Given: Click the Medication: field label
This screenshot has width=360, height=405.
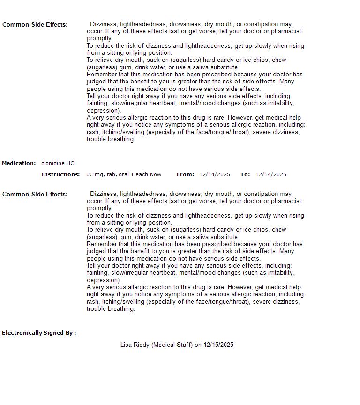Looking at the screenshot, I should pyautogui.click(x=19, y=163).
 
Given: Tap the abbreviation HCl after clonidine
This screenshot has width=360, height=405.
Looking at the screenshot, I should pyautogui.click(x=71, y=163).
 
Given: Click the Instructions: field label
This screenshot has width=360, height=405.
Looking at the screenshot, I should pyautogui.click(x=60, y=174).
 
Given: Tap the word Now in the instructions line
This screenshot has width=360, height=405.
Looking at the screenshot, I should pyautogui.click(x=156, y=174).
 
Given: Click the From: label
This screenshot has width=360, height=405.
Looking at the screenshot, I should pyautogui.click(x=185, y=174).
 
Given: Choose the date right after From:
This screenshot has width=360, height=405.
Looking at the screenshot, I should pyautogui.click(x=215, y=174).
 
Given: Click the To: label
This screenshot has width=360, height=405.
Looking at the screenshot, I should pyautogui.click(x=245, y=174).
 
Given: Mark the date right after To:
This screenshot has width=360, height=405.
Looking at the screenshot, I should pyautogui.click(x=271, y=174).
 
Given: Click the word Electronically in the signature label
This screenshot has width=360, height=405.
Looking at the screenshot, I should pyautogui.click(x=22, y=333).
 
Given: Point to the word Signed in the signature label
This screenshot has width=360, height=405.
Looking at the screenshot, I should pyautogui.click(x=54, y=333).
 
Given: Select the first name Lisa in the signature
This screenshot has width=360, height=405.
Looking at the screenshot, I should pyautogui.click(x=126, y=345).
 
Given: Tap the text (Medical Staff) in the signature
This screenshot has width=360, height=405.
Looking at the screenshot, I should pyautogui.click(x=172, y=345).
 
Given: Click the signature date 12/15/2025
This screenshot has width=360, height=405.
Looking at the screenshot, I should pyautogui.click(x=218, y=345).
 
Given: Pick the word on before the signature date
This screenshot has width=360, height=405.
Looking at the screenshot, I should pyautogui.click(x=198, y=345).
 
